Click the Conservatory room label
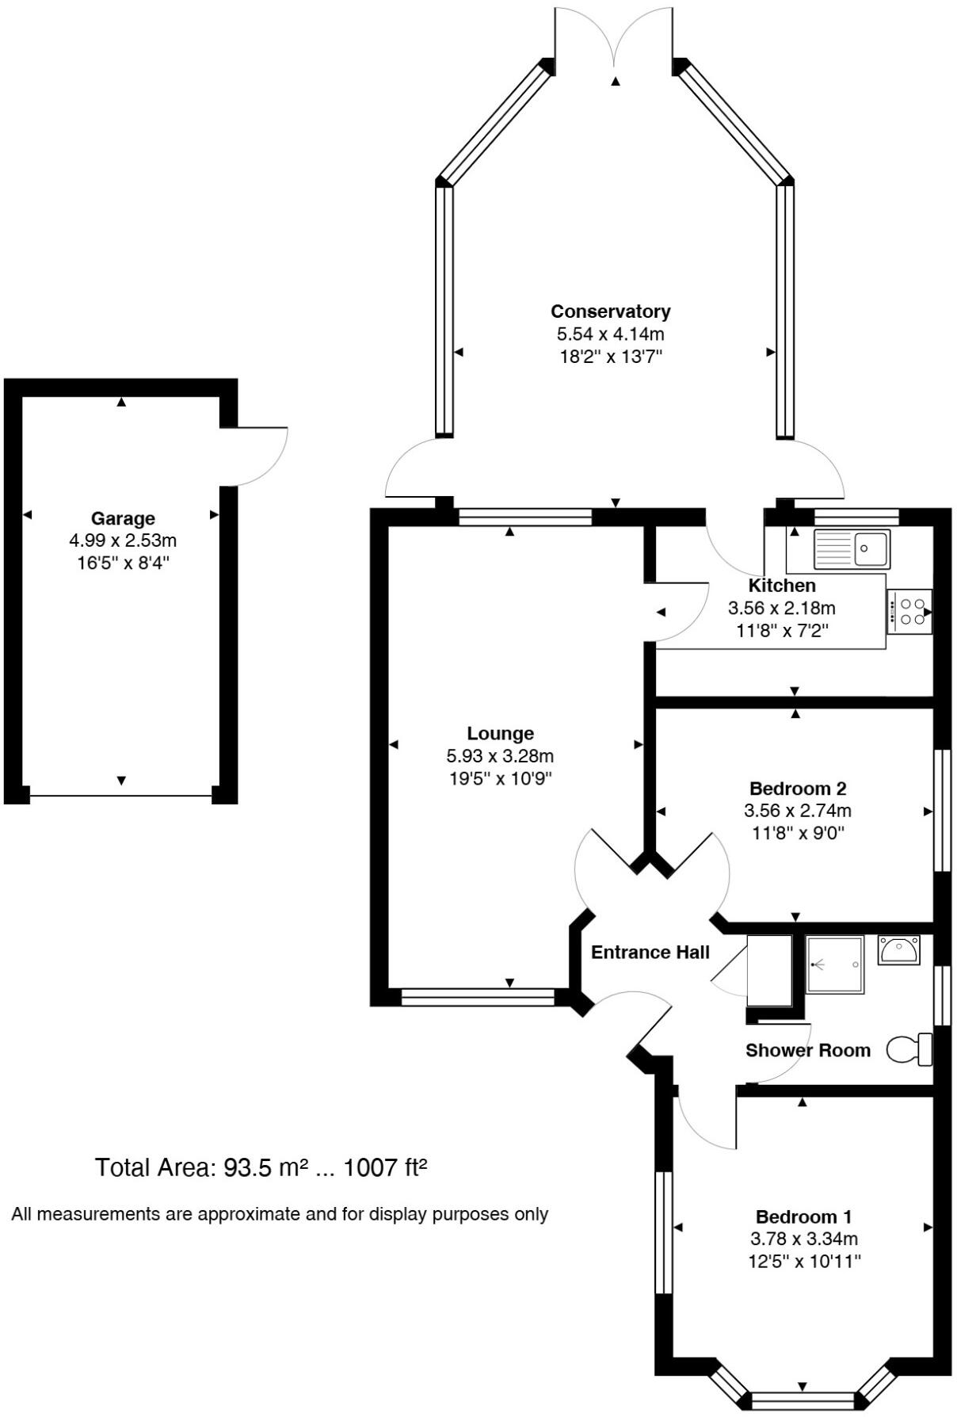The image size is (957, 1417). pos(610,311)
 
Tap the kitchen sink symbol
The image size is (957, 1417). pos(852,548)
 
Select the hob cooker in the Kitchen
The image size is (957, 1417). pos(909,611)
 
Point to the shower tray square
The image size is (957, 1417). pos(834,964)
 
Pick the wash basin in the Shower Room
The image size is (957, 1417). pos(898,949)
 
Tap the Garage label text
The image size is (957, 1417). pos(123,518)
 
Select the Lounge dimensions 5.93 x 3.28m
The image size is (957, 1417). pos(500,756)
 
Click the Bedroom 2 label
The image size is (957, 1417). pos(797,789)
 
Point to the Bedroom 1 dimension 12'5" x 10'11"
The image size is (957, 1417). pos(803,1261)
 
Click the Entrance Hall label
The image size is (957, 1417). pos(650,952)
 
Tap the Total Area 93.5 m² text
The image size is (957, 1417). pos(261,1167)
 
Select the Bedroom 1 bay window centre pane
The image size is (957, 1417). pos(803,1400)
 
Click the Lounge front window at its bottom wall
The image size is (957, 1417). pos(478,996)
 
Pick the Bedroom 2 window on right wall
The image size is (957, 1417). pos(941,810)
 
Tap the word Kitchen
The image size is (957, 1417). pos(782,586)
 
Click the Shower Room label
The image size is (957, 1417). pos(807,1050)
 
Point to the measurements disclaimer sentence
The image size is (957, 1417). pos(280,1214)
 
